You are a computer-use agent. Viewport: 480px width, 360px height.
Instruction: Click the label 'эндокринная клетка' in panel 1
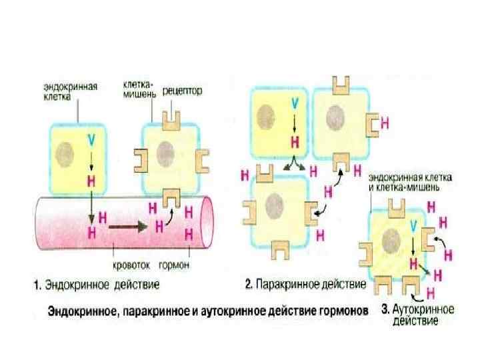coord(71,91)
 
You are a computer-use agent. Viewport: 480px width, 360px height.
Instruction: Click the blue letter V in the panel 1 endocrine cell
coord(91,139)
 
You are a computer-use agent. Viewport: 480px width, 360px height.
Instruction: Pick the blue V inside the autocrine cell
coord(415,230)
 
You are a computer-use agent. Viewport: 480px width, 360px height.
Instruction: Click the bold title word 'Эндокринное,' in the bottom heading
coord(82,311)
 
